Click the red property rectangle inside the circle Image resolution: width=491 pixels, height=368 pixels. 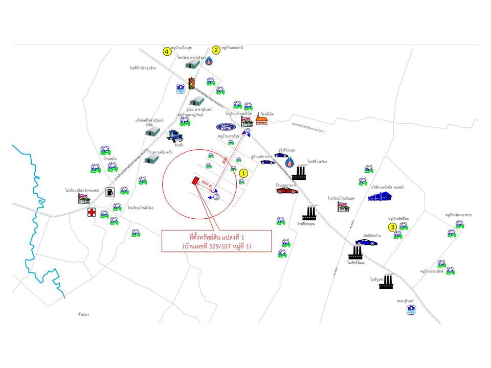coord(194,179)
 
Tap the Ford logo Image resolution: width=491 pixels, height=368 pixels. coord(225,126)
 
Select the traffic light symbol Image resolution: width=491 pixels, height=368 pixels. coord(192,83)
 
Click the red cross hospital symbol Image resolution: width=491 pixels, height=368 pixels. coord(92,212)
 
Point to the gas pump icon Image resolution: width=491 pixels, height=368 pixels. coord(109,192)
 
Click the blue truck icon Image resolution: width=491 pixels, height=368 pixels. coord(175,135)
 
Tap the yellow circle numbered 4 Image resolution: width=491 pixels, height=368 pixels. coord(167,51)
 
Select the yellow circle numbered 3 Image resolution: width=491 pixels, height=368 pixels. coord(392,227)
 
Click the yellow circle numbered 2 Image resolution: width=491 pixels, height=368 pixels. coord(216,50)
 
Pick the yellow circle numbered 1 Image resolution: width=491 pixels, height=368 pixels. coord(244,173)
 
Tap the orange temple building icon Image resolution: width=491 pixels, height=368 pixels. coord(261,121)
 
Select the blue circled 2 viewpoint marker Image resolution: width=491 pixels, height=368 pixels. coord(216,197)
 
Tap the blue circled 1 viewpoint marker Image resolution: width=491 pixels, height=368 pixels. coord(248,132)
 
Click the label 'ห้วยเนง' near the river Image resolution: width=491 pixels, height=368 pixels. coord(84,314)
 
